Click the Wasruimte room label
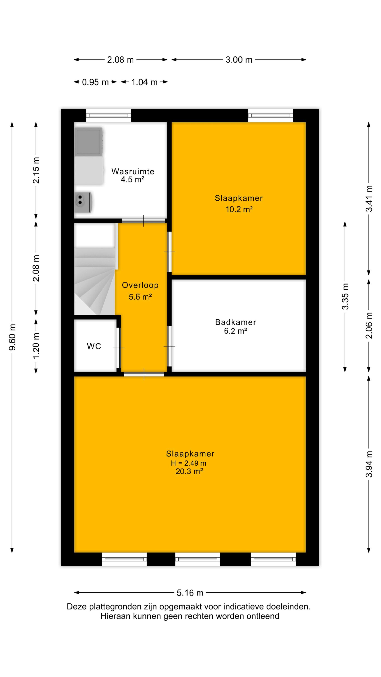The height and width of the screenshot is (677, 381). [x=133, y=171]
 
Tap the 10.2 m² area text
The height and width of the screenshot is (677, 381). [x=239, y=209]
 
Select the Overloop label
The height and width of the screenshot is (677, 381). [x=140, y=285]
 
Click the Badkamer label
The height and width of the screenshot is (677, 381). [x=236, y=322]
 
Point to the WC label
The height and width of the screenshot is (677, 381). [x=94, y=346]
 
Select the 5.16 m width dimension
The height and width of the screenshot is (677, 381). [x=190, y=593]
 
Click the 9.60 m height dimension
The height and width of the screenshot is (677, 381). [x=12, y=337]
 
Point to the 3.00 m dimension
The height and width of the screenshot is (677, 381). [x=239, y=60]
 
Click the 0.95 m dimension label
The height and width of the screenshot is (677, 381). [x=95, y=82]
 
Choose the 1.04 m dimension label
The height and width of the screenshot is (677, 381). [x=144, y=82]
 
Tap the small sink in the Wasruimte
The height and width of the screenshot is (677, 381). [x=83, y=202]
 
